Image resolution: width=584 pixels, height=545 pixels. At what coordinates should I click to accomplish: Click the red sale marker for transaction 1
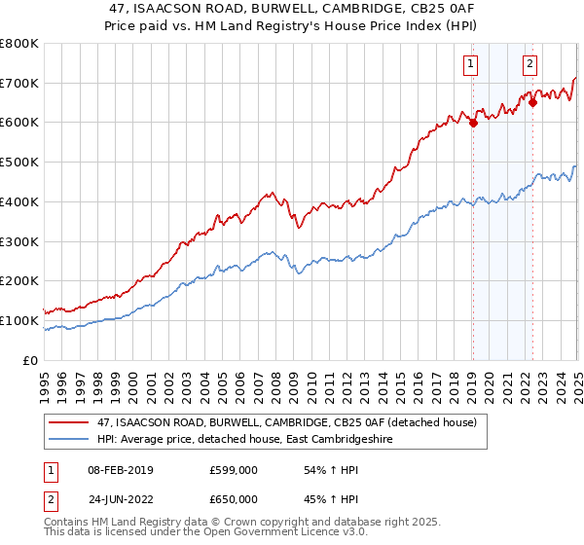[x=473, y=123]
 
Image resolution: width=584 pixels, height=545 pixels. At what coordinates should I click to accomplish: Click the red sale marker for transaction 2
[x=533, y=102]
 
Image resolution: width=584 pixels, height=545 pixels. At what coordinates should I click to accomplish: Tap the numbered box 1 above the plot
[x=470, y=65]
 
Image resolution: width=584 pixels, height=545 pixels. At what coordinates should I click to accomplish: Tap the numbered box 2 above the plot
[x=530, y=65]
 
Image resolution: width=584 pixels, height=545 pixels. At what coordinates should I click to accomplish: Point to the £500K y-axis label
[x=19, y=162]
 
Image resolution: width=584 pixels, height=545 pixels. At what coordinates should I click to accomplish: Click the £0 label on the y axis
[x=31, y=360]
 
